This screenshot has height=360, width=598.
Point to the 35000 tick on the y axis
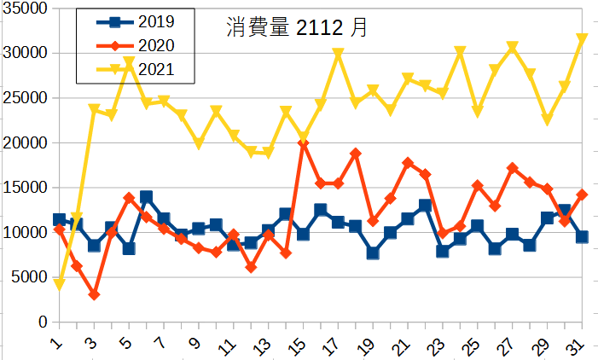click(25, 9)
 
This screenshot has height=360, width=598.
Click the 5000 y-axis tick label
click(28, 277)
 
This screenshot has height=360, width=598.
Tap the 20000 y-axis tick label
click(25, 142)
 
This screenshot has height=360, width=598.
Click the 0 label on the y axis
click(42, 322)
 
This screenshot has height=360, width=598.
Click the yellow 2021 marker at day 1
click(59, 284)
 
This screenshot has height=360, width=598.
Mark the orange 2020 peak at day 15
click(303, 143)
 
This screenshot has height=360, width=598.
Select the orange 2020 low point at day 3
click(94, 294)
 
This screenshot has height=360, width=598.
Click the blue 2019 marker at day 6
click(146, 197)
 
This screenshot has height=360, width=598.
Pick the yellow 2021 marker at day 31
click(582, 39)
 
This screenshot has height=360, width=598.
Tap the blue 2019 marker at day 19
click(373, 253)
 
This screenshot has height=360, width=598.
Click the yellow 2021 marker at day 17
click(338, 54)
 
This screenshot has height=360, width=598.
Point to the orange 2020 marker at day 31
click(582, 195)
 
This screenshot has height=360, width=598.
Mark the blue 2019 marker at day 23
click(442, 251)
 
